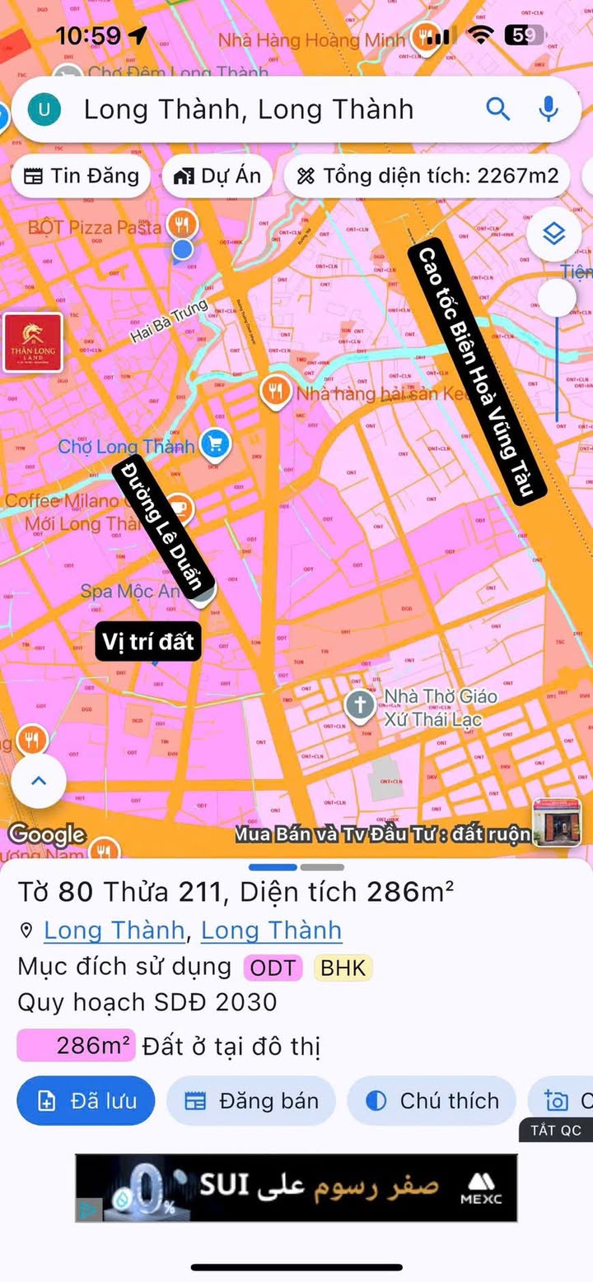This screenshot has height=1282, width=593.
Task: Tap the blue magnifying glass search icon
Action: (x=498, y=109)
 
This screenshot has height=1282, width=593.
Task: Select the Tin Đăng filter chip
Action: (x=81, y=175)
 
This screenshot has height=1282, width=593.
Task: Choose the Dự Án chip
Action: (x=217, y=175)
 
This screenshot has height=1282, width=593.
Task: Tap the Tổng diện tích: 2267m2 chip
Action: (x=427, y=175)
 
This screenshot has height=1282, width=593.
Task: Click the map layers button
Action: (x=554, y=235)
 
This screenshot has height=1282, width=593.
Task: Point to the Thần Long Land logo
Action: (x=33, y=342)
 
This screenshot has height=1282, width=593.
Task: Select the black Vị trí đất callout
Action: (x=149, y=641)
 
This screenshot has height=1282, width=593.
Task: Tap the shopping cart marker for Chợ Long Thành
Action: (x=216, y=444)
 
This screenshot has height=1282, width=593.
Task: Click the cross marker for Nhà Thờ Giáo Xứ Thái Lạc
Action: (x=359, y=706)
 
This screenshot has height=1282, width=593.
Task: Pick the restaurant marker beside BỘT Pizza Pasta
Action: (x=181, y=223)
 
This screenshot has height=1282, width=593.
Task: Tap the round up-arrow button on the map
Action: (x=38, y=781)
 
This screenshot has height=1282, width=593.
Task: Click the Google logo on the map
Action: (x=46, y=834)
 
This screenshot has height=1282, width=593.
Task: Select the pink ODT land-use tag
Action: (x=273, y=968)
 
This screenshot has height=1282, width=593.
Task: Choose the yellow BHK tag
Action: (x=343, y=968)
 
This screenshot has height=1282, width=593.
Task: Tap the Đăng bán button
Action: (x=251, y=1101)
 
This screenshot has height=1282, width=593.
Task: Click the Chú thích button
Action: (x=432, y=1101)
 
